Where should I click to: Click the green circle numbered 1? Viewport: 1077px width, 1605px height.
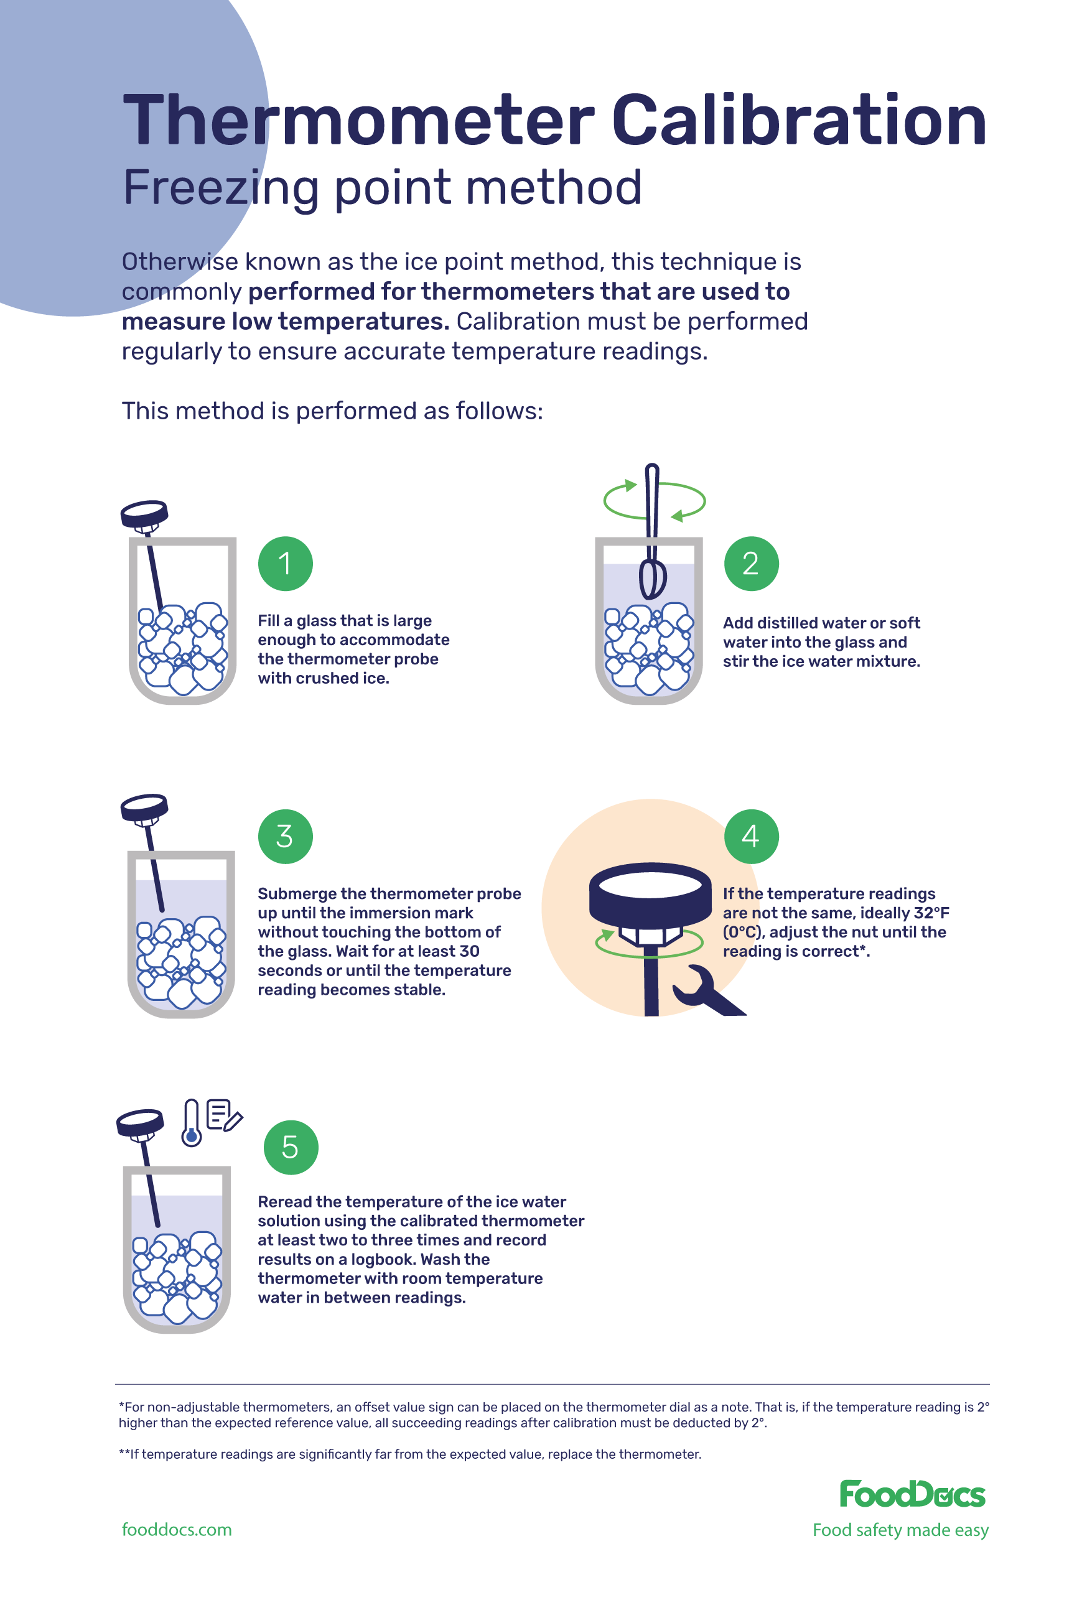[x=285, y=563]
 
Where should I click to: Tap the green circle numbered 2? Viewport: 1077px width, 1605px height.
[x=751, y=563]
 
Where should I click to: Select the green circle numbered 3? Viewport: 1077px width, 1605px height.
[x=285, y=836]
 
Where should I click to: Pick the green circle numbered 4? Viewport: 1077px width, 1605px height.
[x=751, y=836]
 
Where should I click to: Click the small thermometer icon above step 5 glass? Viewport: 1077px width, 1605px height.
[x=191, y=1122]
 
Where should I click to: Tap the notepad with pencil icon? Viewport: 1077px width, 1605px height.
[x=224, y=1115]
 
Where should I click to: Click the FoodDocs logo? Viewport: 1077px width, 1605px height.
[x=911, y=1494]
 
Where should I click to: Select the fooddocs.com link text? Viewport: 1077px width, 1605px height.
[x=177, y=1530]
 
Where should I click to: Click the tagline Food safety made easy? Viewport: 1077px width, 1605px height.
[x=900, y=1530]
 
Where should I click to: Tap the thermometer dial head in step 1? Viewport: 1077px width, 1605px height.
[x=144, y=513]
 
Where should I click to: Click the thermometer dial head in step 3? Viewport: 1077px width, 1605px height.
[x=144, y=807]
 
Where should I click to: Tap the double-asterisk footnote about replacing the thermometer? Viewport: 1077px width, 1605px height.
[x=410, y=1454]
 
